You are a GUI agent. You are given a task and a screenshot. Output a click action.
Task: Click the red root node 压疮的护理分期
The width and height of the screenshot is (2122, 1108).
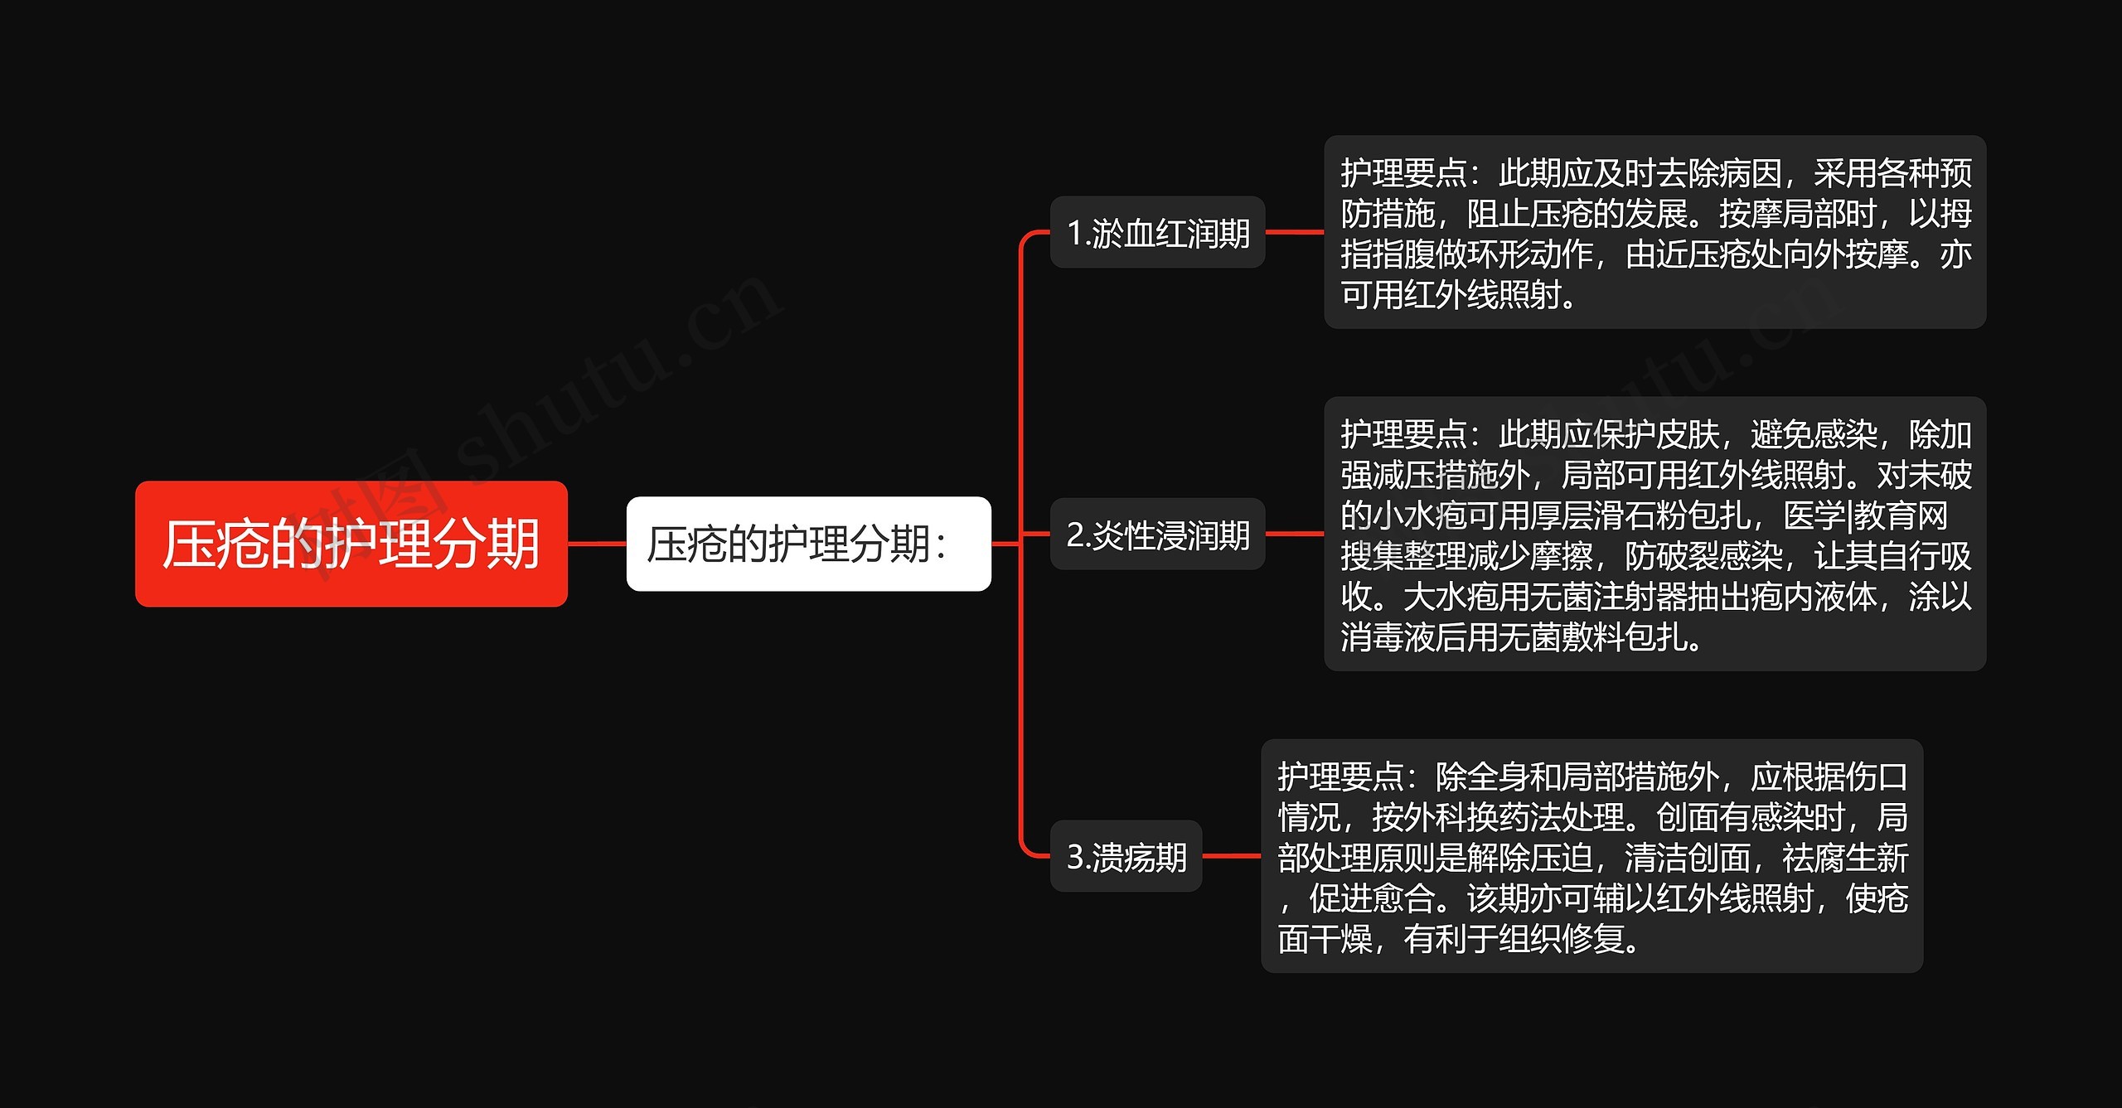[351, 544]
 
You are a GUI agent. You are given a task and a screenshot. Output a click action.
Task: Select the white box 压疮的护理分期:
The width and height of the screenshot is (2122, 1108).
[808, 544]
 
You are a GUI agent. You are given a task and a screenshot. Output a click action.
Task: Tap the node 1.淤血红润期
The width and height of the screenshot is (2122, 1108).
[1157, 233]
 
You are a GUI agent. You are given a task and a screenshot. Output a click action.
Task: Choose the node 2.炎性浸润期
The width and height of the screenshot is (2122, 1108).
[1157, 535]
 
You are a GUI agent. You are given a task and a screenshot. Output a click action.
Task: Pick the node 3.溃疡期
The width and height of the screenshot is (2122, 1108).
[1126, 856]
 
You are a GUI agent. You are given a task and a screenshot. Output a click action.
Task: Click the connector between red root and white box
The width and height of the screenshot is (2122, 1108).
[597, 544]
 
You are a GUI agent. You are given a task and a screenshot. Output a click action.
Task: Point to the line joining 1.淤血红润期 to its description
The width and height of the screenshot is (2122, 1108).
[1294, 233]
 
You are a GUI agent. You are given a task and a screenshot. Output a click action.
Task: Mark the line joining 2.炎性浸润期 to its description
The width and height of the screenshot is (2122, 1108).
[1294, 535]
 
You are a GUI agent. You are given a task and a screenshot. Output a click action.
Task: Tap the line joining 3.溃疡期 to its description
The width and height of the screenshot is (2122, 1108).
[1231, 856]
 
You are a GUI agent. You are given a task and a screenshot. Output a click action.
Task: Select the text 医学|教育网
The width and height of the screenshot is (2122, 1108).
[1865, 515]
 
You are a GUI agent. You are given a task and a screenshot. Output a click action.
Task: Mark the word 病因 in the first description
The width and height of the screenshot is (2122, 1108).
[1750, 174]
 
